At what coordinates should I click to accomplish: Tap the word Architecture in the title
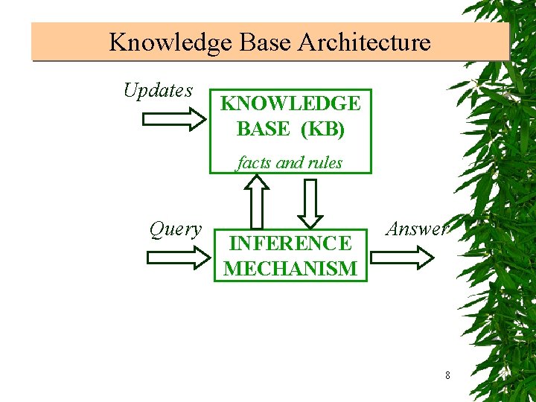(364, 42)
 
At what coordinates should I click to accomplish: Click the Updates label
(158, 91)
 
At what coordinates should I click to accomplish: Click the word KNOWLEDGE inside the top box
(290, 103)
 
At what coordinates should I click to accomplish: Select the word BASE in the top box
(264, 129)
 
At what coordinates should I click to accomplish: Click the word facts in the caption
(254, 162)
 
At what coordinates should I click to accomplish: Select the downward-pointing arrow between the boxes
(310, 202)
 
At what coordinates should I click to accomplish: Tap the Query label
(175, 229)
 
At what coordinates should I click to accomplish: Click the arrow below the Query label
(179, 258)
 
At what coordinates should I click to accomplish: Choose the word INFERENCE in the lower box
(290, 243)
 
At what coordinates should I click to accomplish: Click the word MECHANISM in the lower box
(290, 268)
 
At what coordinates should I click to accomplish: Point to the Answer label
(417, 229)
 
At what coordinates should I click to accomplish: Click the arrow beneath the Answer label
(402, 258)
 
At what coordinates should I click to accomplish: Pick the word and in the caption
(289, 162)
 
